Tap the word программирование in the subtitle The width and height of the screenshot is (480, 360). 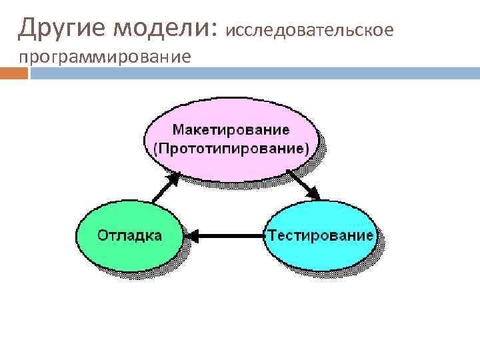click(105, 57)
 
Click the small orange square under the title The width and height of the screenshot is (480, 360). click(14, 73)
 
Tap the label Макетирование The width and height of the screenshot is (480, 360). click(231, 129)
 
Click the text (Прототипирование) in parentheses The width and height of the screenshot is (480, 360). click(231, 148)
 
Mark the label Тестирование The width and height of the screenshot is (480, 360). click(320, 235)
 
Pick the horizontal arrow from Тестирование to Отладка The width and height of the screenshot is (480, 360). click(226, 235)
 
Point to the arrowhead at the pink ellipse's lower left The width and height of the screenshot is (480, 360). click(176, 176)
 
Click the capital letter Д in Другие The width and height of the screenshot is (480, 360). click(27, 29)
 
